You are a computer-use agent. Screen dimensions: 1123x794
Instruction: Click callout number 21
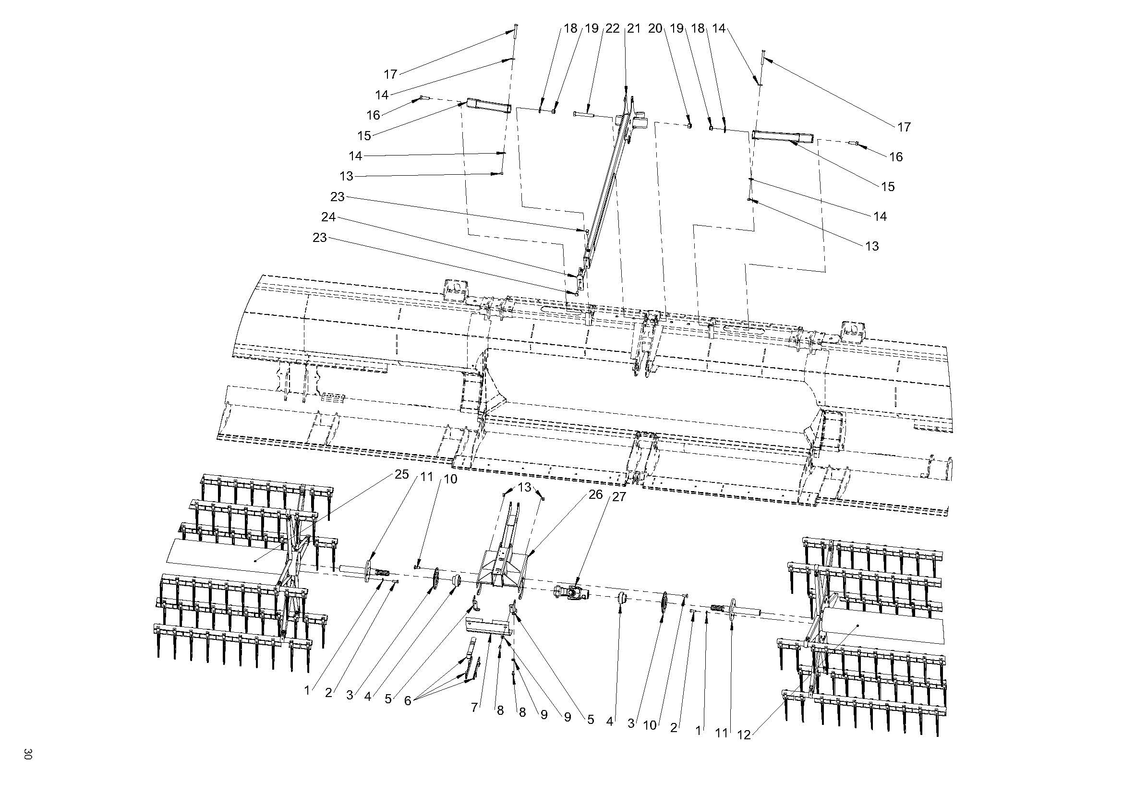pyautogui.click(x=633, y=28)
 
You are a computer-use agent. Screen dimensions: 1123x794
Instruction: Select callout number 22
pyautogui.click(x=612, y=28)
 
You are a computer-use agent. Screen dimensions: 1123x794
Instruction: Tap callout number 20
pyautogui.click(x=655, y=28)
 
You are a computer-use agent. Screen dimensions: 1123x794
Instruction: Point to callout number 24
pyautogui.click(x=328, y=217)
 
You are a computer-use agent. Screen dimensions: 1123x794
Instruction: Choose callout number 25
pyautogui.click(x=401, y=474)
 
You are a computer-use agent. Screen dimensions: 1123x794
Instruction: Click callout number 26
pyautogui.click(x=595, y=494)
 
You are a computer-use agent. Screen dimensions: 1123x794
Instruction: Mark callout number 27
pyautogui.click(x=619, y=497)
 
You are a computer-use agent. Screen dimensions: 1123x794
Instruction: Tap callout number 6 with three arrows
pyautogui.click(x=408, y=700)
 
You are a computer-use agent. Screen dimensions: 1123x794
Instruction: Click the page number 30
pyautogui.click(x=27, y=753)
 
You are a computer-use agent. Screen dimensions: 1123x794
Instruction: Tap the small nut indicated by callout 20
pyautogui.click(x=689, y=125)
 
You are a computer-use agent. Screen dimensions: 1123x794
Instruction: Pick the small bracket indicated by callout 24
pyautogui.click(x=580, y=279)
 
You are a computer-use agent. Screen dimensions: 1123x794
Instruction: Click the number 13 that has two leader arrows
pyautogui.click(x=524, y=487)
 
